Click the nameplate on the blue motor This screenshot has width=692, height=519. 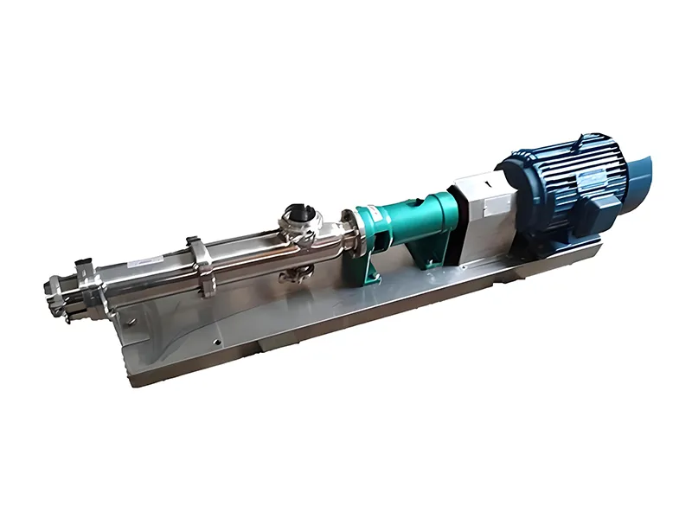click(589, 178)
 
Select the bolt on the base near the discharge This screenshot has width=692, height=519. click(130, 320)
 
